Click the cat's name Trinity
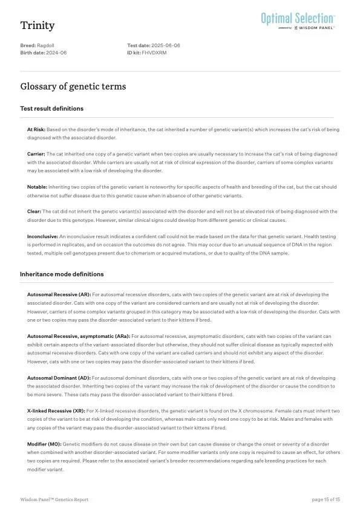coord(38,25)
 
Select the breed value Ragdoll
coord(45,46)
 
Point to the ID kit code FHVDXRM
coord(154,53)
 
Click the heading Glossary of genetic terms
coord(73,86)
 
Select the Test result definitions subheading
coord(52,109)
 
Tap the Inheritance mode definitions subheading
coord(62,274)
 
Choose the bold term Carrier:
coord(36,154)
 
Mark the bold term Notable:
coord(37,187)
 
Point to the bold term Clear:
coord(34,212)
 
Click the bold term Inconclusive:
coord(43,236)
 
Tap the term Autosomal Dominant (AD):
coord(59,378)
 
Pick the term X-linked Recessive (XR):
coord(57,410)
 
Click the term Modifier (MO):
coord(44,444)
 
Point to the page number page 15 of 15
coord(326,499)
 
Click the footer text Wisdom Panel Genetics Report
coord(54,499)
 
